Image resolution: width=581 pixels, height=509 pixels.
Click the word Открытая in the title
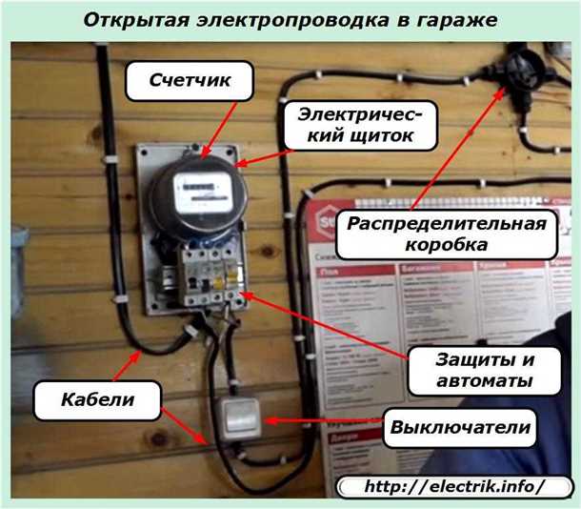click(128, 19)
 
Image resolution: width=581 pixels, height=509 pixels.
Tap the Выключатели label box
click(458, 428)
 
